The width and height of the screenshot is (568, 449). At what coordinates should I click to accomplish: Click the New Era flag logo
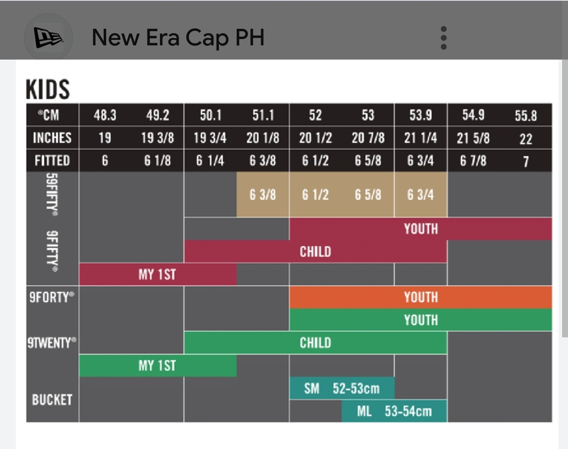48,37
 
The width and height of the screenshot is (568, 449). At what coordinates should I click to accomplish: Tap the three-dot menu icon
443,38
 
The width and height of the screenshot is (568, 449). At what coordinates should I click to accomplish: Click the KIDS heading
48,89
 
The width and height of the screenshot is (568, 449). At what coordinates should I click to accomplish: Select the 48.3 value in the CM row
105,115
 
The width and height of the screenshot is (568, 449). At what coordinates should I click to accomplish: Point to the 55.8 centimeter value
525,116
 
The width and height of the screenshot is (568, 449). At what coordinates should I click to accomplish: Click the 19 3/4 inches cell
210,138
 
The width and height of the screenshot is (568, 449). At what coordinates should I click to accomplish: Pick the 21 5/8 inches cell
473,138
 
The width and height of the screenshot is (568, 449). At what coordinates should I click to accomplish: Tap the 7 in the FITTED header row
525,161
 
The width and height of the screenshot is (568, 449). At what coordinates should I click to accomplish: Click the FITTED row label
52,161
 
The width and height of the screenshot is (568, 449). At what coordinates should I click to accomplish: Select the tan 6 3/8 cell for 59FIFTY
263,195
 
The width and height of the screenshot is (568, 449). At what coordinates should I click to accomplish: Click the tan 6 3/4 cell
420,195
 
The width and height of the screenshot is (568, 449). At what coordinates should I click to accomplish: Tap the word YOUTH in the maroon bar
420,229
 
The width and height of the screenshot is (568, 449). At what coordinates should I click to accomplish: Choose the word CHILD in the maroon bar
315,252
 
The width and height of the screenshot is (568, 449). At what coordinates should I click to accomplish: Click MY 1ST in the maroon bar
157,275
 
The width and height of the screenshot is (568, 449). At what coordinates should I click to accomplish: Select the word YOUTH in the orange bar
420,297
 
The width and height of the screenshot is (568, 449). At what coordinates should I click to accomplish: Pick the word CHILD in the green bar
315,343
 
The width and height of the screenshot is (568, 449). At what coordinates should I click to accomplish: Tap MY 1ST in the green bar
157,366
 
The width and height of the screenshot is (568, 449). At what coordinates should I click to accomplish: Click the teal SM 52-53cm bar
342,389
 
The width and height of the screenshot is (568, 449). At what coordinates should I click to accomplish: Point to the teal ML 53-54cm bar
394,412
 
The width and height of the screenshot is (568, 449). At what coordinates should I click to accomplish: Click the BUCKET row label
52,400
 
